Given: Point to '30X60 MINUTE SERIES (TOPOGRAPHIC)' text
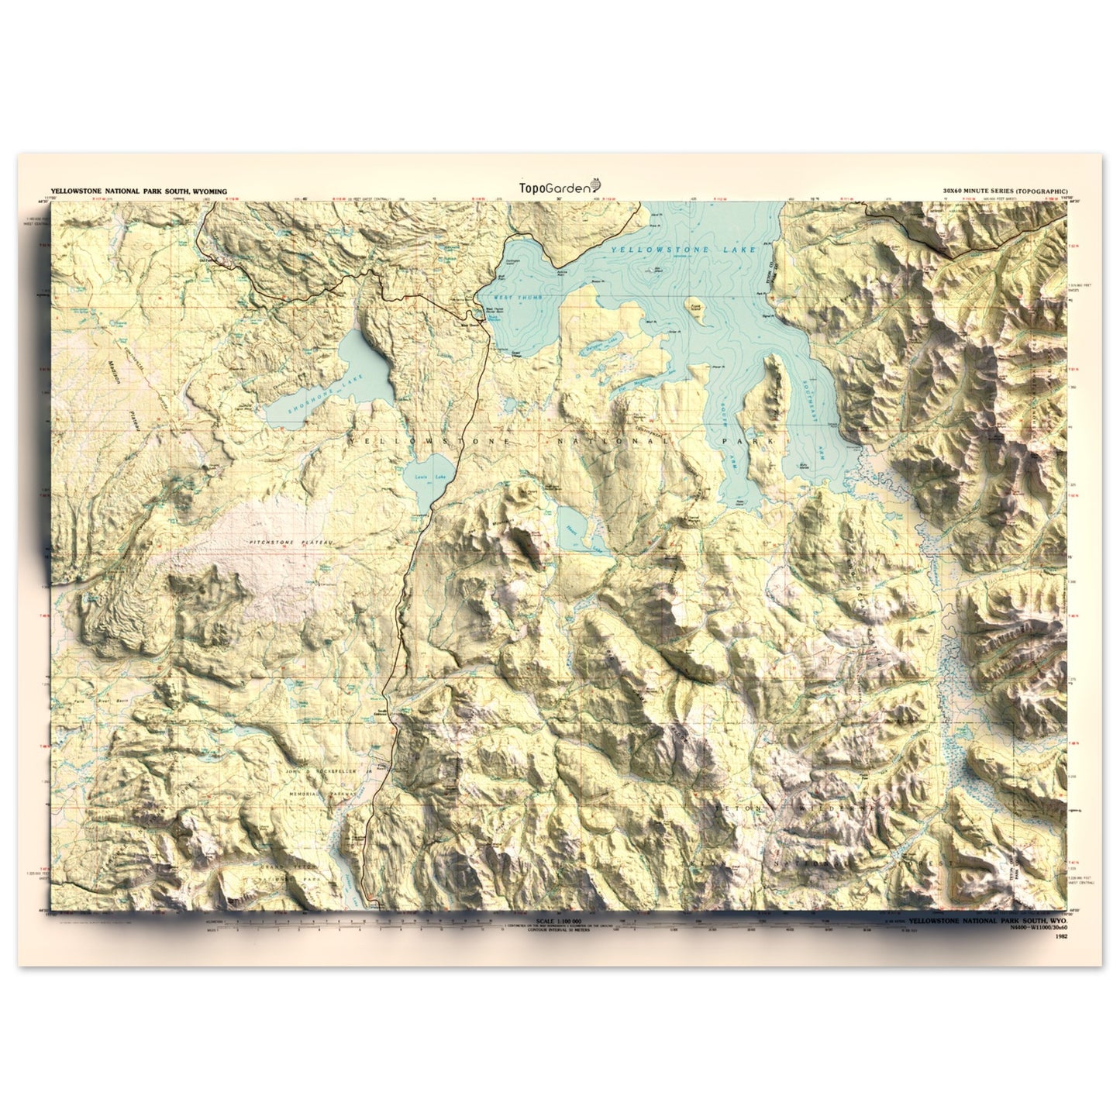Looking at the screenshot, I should point(1005,191).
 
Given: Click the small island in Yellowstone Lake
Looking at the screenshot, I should point(694,305).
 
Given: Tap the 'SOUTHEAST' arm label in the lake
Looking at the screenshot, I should point(811,401).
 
